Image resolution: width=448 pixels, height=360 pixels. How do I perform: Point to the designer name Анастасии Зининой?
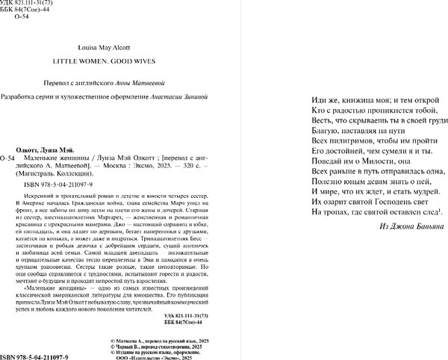point(172,96)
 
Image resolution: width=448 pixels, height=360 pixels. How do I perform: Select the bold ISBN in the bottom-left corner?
point(34,354)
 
